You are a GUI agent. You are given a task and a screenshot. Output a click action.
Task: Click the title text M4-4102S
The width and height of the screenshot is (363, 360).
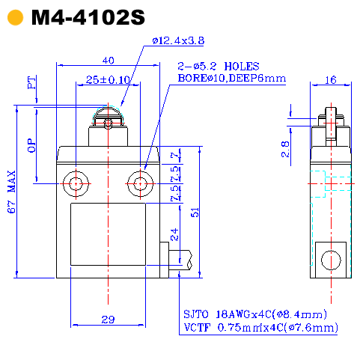coord(88,18)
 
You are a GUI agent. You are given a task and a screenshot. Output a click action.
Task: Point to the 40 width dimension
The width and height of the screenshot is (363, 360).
coord(108,61)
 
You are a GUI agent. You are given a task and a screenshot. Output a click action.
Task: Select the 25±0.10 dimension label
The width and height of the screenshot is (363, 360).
coord(108,79)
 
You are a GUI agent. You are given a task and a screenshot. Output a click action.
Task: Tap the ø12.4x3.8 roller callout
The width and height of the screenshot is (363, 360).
coord(178,40)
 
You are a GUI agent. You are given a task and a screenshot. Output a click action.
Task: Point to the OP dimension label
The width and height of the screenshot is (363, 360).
coord(31,145)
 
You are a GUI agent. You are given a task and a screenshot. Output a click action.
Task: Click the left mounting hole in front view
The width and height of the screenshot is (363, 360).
coord(76,182)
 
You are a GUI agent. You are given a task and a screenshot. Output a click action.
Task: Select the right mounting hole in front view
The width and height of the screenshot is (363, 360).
coord(139,182)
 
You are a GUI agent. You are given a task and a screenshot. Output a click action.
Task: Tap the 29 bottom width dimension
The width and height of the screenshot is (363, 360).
coord(108,320)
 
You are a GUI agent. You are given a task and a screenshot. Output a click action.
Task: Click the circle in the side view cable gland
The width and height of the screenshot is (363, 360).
coord(330,260)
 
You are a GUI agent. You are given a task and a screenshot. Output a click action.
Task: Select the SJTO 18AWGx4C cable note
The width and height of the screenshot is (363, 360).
coord(254,314)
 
